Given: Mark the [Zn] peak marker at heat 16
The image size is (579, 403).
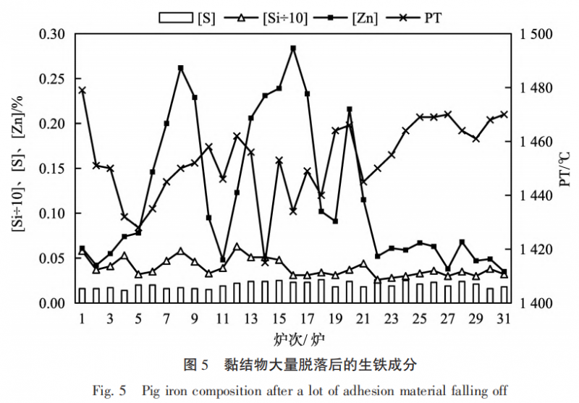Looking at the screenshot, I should [x=293, y=48].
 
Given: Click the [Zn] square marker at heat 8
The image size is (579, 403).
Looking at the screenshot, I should [x=180, y=68].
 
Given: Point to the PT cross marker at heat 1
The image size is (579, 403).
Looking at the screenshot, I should [x=82, y=90].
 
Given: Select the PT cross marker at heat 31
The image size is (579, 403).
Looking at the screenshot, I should [x=504, y=114].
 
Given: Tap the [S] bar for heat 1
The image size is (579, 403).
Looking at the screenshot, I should [x=82, y=295].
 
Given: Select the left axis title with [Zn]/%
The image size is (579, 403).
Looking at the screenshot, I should [x=17, y=169].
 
